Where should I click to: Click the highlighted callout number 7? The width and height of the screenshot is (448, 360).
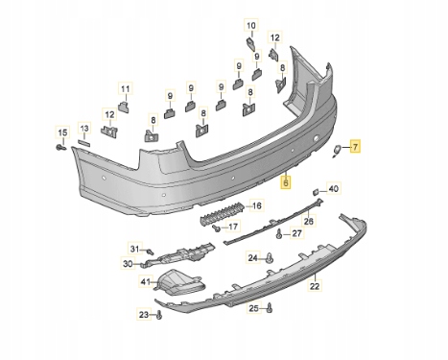[355, 147]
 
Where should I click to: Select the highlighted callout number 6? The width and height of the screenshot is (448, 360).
[286, 182]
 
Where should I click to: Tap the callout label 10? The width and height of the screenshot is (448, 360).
[251, 25]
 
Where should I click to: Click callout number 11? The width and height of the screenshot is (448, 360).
[126, 88]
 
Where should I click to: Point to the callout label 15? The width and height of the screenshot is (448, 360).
[62, 132]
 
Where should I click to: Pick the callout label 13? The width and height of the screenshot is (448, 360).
[84, 129]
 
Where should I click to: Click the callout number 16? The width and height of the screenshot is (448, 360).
[257, 205]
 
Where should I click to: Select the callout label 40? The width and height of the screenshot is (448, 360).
[333, 189]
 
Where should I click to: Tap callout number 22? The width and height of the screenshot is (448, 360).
[315, 285]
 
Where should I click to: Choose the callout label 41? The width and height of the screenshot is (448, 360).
[146, 281]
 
